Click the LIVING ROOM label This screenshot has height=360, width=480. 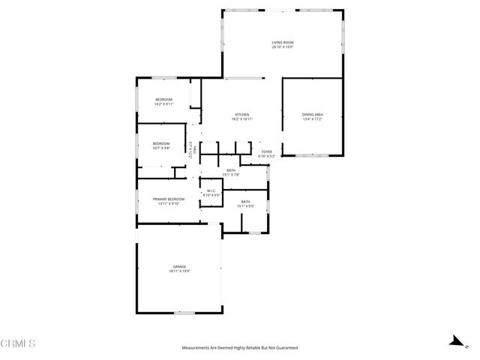pyautogui.click(x=282, y=42)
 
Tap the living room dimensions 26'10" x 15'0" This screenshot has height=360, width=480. pyautogui.click(x=282, y=47)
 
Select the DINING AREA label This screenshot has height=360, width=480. pyautogui.click(x=313, y=114)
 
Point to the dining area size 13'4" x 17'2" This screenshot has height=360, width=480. pyautogui.click(x=313, y=119)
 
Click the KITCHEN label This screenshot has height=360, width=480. pyautogui.click(x=241, y=114)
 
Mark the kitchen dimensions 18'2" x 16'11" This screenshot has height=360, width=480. pyautogui.click(x=241, y=119)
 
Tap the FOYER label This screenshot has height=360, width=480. pyautogui.click(x=267, y=152)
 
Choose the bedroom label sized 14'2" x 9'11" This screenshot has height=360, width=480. pyautogui.click(x=163, y=100)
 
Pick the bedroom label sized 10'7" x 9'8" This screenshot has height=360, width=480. pyautogui.click(x=161, y=143)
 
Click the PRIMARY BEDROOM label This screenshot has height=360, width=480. pyautogui.click(x=169, y=199)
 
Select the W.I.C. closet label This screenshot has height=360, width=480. pyautogui.click(x=211, y=191)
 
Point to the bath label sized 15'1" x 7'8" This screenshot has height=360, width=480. pyautogui.click(x=231, y=171)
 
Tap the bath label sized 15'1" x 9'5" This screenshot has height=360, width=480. pyautogui.click(x=246, y=201)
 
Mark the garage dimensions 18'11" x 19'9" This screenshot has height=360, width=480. pyautogui.click(x=179, y=271)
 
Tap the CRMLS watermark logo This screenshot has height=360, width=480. pyautogui.click(x=18, y=343)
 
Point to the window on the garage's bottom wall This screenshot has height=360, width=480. pyautogui.click(x=184, y=312)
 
